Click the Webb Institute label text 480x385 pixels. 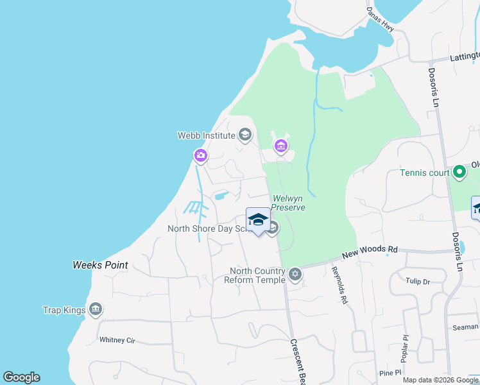tap(206, 135)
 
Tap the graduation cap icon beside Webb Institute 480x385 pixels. tap(244, 135)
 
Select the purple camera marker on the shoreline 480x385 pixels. tap(201, 155)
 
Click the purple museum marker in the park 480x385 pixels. tap(280, 147)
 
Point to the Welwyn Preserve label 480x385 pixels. tap(288, 203)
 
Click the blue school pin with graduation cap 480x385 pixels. tap(257, 219)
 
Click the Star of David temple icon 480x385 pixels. tap(295, 275)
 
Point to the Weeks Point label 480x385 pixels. tap(100, 265)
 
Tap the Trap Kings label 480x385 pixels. tap(64, 311)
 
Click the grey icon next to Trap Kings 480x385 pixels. tap(96, 310)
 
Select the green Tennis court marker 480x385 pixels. tap(459, 172)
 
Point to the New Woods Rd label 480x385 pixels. tap(370, 253)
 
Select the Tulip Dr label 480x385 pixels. tap(417, 281)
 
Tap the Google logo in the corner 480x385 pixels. tap(21, 377)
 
